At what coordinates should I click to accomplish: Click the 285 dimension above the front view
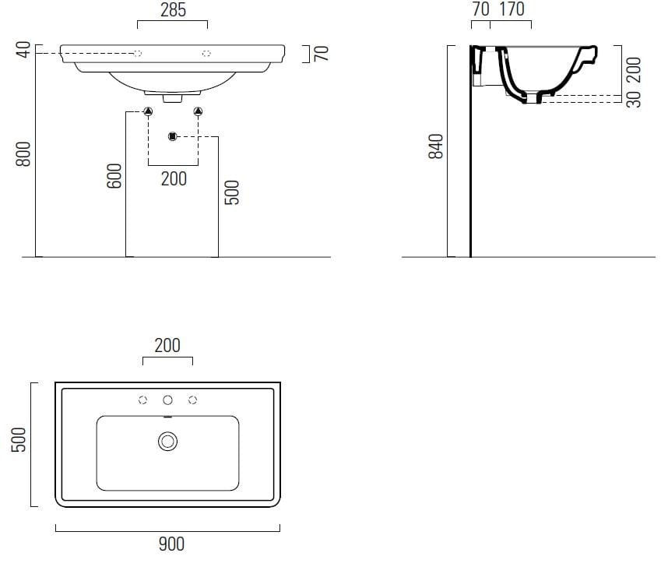[x=174, y=10]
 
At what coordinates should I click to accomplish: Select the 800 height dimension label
[x=23, y=154]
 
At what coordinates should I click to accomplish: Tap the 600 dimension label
[x=114, y=175]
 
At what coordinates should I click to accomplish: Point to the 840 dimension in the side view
[x=436, y=146]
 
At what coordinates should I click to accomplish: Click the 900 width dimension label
[x=171, y=544]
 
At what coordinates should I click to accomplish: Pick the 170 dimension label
[x=512, y=9]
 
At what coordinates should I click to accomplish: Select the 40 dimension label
[x=23, y=49]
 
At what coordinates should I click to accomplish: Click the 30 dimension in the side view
[x=634, y=100]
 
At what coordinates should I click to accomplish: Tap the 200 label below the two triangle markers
[x=174, y=178]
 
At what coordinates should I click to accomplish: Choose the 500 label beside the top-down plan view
[x=19, y=439]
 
